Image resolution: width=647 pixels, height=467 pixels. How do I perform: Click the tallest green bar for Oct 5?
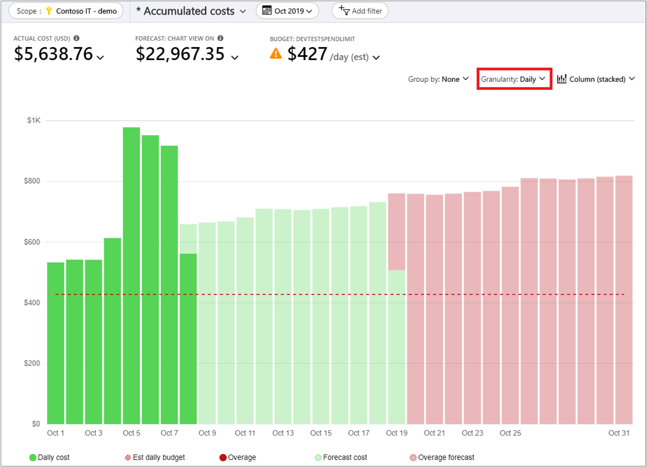(x=131, y=271)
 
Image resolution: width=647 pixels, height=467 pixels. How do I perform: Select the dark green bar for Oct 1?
(x=56, y=341)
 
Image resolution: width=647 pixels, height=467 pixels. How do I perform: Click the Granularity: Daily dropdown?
(x=514, y=79)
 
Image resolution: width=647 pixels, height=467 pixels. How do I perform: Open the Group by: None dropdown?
(x=438, y=79)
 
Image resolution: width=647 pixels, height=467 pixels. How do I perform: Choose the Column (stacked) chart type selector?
(x=596, y=79)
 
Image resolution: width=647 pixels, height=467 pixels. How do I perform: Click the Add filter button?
(x=360, y=11)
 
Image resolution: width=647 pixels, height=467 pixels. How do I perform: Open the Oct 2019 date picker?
(x=287, y=11)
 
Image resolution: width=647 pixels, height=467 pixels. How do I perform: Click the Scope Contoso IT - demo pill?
(x=66, y=11)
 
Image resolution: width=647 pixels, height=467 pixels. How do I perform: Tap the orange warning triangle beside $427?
(x=276, y=53)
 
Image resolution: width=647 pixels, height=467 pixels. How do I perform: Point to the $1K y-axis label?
(x=34, y=120)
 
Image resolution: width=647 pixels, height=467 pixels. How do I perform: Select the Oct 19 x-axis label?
(x=397, y=433)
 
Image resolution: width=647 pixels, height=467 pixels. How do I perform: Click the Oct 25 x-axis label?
(x=510, y=433)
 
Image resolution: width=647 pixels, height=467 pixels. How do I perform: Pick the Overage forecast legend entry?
(x=443, y=457)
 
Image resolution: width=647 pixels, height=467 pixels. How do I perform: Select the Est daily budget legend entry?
(x=155, y=457)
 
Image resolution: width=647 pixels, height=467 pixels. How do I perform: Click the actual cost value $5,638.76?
(x=54, y=54)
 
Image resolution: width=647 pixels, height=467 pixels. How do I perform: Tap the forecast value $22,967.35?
(x=180, y=54)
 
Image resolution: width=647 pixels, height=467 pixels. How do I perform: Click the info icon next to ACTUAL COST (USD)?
(x=76, y=38)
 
